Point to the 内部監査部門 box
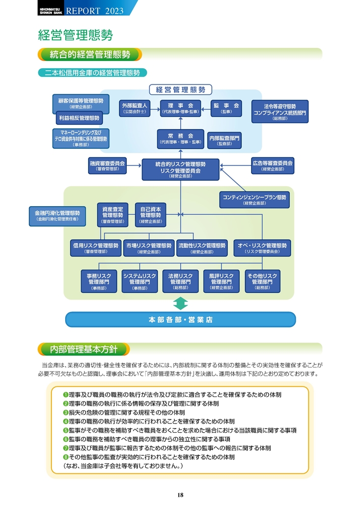point(225,140)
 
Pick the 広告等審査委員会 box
point(272,165)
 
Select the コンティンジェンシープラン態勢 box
point(255,200)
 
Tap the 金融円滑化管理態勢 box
point(57,216)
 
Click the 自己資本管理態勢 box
point(150,215)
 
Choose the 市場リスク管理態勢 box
point(149,248)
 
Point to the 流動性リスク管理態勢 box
point(202,248)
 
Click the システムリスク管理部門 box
point(140,281)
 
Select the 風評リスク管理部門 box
point(221,281)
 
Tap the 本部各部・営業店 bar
point(181,320)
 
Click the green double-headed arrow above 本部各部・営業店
point(181,304)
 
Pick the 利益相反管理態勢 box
point(78,118)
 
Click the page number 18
point(180,495)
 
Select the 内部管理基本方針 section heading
point(84,350)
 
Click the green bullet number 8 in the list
point(66,457)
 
